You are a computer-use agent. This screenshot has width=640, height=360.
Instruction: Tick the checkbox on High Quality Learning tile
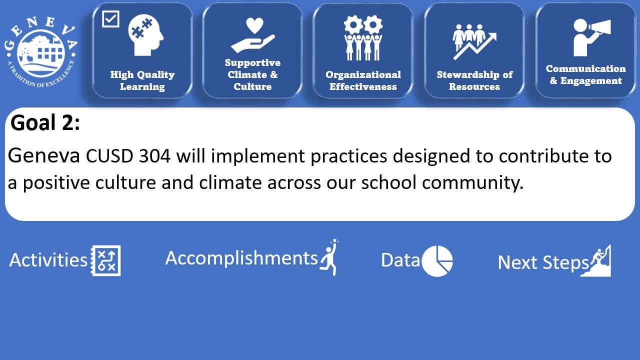(110, 19)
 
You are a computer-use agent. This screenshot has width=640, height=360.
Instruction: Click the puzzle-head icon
(145, 35)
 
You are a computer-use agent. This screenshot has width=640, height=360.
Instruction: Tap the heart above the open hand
(254, 25)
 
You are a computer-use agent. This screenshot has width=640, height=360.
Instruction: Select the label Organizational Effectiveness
(363, 80)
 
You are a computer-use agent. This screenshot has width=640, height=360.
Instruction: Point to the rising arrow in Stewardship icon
(475, 46)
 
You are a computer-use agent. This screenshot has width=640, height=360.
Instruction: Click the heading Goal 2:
(45, 122)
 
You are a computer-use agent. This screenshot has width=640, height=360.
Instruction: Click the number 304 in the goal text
(154, 155)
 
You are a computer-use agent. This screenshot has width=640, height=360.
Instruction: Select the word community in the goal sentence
(472, 183)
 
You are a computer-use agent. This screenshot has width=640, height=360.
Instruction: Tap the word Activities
(48, 260)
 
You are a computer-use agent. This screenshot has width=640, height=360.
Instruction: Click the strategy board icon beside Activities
(105, 260)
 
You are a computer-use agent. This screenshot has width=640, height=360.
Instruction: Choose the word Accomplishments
(241, 257)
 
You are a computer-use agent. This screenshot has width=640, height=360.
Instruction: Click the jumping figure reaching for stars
(329, 257)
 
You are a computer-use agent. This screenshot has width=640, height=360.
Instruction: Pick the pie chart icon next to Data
(437, 261)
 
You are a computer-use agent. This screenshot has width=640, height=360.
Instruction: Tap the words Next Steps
(543, 262)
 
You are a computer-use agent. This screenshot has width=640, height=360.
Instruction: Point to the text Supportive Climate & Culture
(252, 74)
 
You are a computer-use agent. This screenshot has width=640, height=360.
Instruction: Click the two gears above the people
(363, 25)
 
